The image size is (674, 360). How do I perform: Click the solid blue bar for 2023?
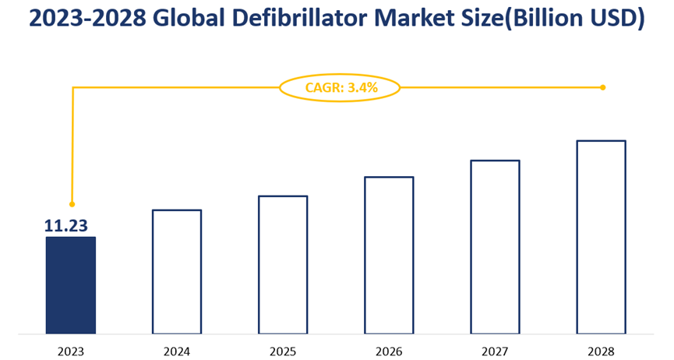point(70,285)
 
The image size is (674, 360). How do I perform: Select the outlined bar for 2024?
point(177,271)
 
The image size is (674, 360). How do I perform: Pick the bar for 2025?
point(283,264)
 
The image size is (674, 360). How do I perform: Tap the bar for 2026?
point(389,255)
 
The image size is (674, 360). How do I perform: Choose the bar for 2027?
point(495,246)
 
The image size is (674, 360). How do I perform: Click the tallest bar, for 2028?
point(601,237)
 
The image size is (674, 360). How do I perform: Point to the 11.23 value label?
point(65,226)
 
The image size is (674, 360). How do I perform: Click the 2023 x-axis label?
point(70,351)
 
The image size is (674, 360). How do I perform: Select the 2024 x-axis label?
point(177,351)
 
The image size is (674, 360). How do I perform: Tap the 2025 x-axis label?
point(283,351)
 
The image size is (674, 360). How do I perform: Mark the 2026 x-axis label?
point(389,351)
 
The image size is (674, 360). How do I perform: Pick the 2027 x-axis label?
point(495,351)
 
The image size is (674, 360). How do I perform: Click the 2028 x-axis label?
point(601,351)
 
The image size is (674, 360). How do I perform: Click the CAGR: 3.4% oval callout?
point(340,88)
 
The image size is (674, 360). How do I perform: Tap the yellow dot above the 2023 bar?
point(72,204)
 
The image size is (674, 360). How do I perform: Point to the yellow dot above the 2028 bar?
point(603,87)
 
